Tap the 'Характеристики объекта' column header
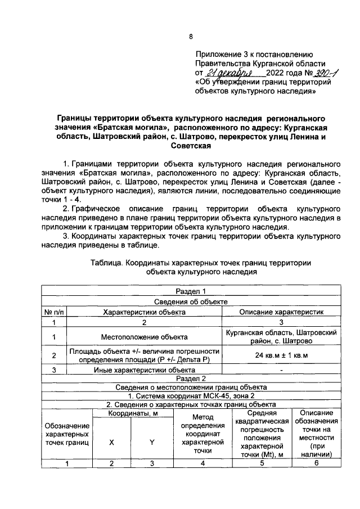[x=143, y=311]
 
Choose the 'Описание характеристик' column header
[x=281, y=311]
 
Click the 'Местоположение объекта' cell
[x=143, y=337]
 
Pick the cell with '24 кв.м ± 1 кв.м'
[x=281, y=355]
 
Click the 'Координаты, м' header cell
[x=132, y=414]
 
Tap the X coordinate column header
[x=111, y=442]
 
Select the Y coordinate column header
[x=152, y=442]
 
